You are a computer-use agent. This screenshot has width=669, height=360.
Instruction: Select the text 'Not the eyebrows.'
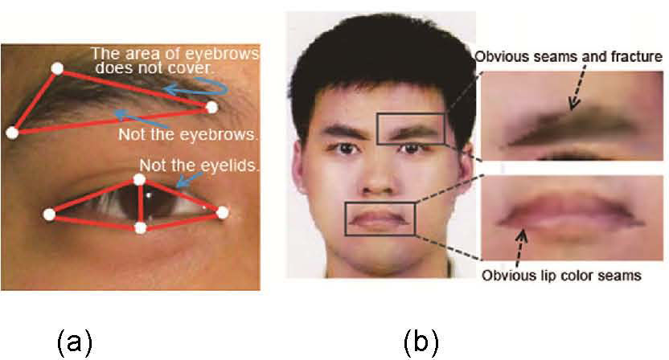[188, 134]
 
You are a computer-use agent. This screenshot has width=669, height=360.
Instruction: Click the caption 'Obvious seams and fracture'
[568, 57]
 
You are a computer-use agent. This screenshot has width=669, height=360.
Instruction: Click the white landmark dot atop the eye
[140, 179]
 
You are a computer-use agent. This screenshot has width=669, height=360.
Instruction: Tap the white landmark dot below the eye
[141, 228]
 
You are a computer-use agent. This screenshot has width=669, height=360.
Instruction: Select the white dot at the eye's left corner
[49, 214]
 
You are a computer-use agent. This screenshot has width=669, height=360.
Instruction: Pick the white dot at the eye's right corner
[223, 213]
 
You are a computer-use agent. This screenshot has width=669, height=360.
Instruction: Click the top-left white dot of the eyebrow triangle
[56, 69]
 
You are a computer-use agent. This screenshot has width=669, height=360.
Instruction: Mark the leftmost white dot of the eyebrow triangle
[11, 133]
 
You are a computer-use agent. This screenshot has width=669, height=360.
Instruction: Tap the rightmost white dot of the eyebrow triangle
[211, 106]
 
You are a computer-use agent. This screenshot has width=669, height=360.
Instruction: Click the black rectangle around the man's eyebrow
[410, 129]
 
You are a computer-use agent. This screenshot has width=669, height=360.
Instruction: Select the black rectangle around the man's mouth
[380, 218]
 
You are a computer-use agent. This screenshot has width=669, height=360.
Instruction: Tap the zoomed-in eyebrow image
[573, 117]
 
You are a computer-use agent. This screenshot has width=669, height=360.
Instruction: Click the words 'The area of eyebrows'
[174, 55]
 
